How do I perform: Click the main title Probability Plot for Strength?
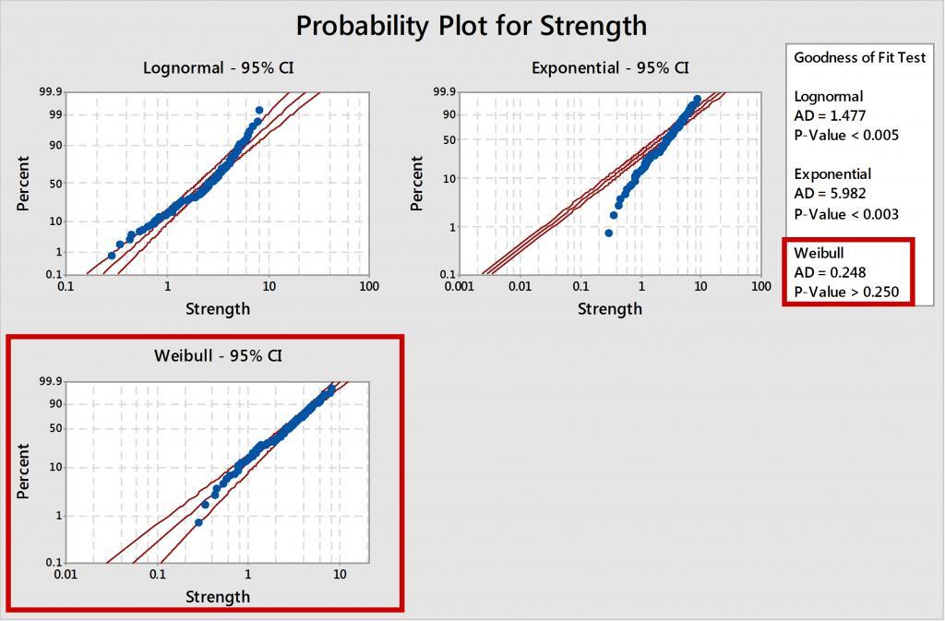click(x=472, y=25)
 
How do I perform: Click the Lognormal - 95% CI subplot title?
click(x=218, y=67)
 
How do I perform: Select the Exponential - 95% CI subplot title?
click(x=610, y=67)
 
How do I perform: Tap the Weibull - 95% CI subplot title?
click(x=218, y=355)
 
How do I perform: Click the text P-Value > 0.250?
click(x=846, y=293)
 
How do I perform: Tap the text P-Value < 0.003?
click(x=846, y=214)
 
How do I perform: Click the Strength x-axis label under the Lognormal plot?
click(x=218, y=308)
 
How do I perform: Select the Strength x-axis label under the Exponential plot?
click(x=610, y=308)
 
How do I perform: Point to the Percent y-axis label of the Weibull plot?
click(x=24, y=472)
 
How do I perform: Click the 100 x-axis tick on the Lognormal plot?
click(x=368, y=287)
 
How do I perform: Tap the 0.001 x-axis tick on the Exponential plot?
click(x=459, y=287)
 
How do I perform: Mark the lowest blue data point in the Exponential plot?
click(x=608, y=233)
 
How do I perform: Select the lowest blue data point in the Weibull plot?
click(x=198, y=522)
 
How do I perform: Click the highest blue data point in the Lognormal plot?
click(x=259, y=110)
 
